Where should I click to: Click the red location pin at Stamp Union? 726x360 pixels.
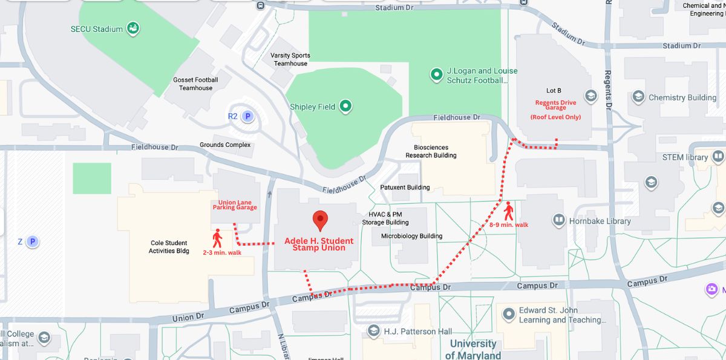[319, 221]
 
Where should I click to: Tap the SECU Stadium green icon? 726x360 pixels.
[133, 28]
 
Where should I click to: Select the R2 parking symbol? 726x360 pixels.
[247, 116]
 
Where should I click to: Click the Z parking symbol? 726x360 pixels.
[33, 241]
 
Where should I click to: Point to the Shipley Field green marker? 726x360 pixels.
[345, 106]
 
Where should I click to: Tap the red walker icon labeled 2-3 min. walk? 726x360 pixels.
[217, 238]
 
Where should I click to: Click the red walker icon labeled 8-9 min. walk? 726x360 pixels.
[508, 211]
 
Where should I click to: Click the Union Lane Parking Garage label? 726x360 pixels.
[235, 205]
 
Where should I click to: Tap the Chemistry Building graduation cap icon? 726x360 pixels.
[638, 97]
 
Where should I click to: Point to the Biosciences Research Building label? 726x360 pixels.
[435, 151]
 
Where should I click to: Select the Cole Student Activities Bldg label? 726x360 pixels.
[169, 247]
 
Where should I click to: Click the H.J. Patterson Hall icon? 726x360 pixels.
[374, 331]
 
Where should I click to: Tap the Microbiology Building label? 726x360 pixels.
[411, 236]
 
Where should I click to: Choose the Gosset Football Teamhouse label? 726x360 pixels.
[195, 83]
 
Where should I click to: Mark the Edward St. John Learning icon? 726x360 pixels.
[508, 315]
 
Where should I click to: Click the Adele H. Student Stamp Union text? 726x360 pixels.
[319, 244]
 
